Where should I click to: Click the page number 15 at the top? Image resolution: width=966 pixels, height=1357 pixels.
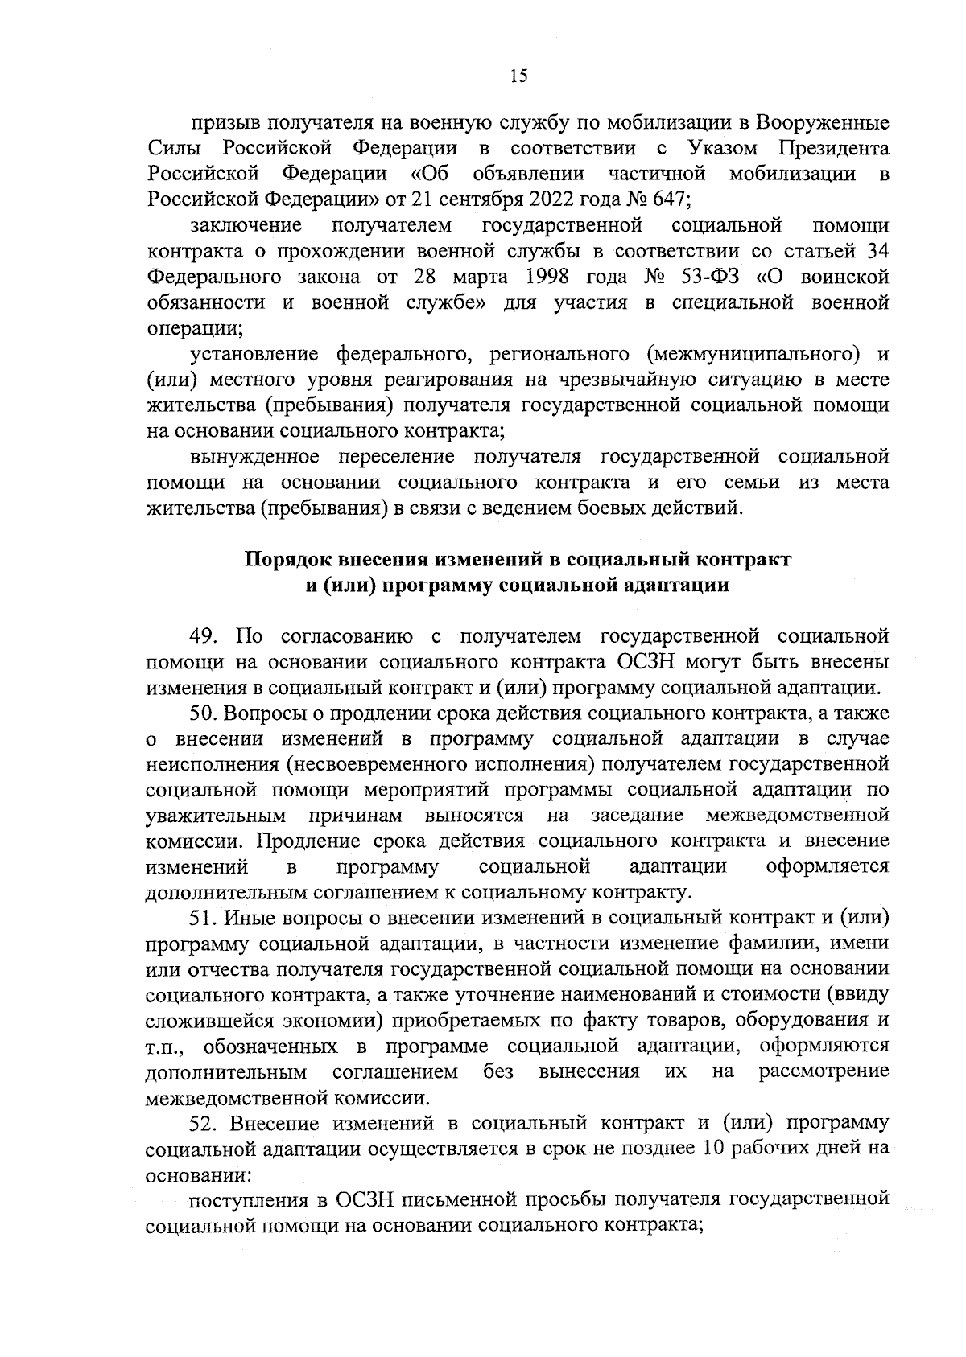coord(518,76)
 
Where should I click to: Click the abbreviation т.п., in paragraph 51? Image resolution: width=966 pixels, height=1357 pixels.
coord(168,1047)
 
